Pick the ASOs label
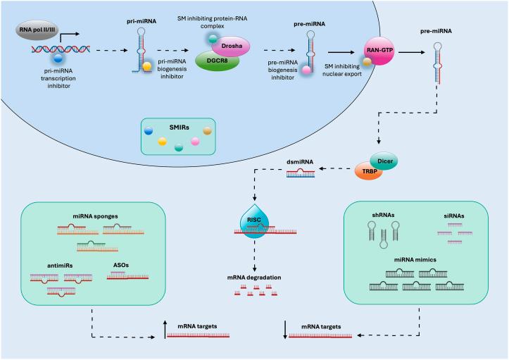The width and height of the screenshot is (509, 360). [x=121, y=265]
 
